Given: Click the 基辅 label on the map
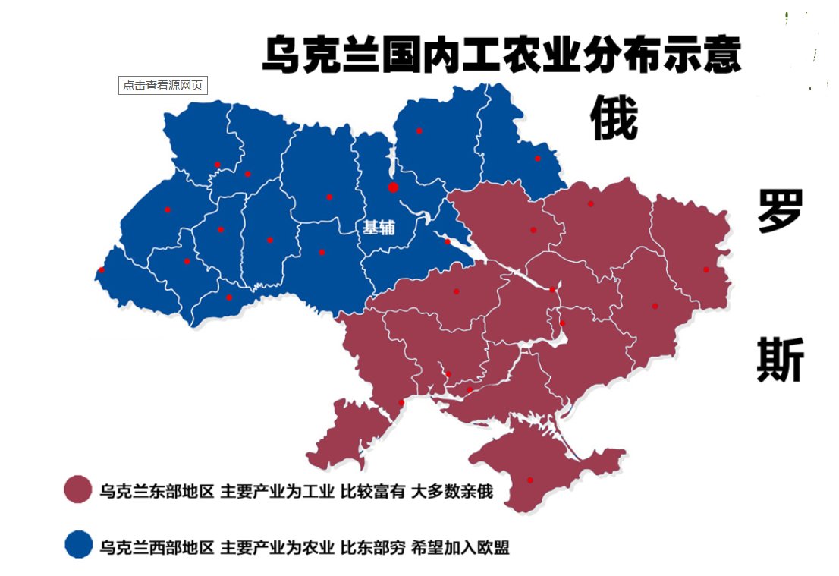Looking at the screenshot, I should coord(379,227).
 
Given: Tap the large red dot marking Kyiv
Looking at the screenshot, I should coord(393,187).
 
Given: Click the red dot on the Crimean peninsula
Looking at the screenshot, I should coord(529,480).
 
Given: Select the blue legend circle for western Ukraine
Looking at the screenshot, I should coord(78,545).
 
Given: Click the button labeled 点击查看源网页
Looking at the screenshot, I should coord(163,86).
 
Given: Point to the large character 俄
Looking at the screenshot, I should coord(614,119).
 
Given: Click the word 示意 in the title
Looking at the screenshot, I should coord(702,55).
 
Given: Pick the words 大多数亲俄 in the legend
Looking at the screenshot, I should coord(452,492).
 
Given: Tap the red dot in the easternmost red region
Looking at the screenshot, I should coord(705,269).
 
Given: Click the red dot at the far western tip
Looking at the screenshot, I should coord(102,270).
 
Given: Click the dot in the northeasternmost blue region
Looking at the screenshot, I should coord(537,159).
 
